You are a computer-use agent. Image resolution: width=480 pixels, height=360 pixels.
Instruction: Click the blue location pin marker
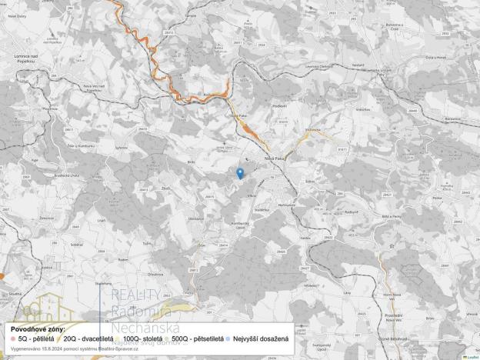(240, 173)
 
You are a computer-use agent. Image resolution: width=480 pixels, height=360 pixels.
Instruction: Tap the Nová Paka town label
(275, 158)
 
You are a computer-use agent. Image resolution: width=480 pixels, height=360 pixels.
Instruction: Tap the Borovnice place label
(452, 118)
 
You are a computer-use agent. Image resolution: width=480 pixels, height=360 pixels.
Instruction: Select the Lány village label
(347, 292)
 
